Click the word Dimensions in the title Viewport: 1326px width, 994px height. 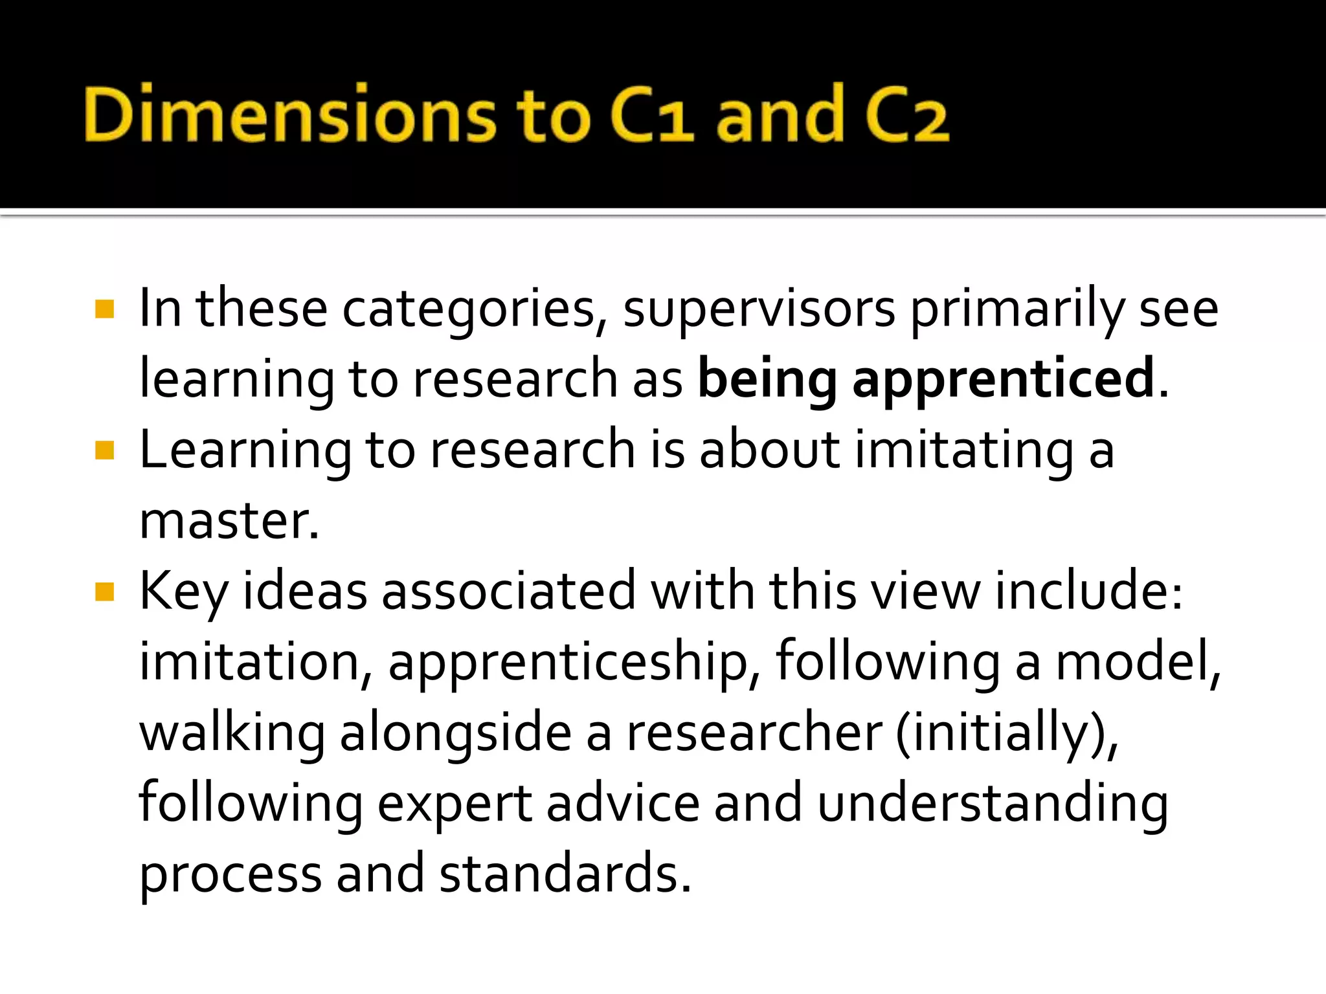(x=289, y=114)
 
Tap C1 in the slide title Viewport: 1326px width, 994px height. (x=651, y=114)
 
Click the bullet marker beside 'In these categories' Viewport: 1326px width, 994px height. (x=104, y=309)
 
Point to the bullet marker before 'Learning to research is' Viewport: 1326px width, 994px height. (x=104, y=450)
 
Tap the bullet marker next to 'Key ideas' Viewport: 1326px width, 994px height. (x=104, y=591)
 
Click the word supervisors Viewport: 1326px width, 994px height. (x=759, y=309)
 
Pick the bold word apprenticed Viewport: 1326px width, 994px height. (x=1004, y=379)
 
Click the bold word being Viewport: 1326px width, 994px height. (x=767, y=379)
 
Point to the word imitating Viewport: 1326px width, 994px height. (x=964, y=450)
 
